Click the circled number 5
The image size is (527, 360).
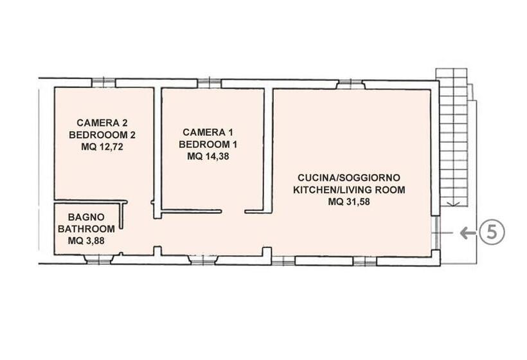(x=492, y=233)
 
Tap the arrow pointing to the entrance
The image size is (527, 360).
(x=466, y=233)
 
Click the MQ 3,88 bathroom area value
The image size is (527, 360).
(x=85, y=240)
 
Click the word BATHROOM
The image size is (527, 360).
(x=87, y=228)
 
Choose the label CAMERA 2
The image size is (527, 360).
(x=103, y=122)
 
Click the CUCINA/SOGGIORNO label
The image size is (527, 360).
(x=350, y=177)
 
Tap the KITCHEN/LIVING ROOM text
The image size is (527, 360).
(x=350, y=190)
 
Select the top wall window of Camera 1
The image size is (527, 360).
(x=209, y=82)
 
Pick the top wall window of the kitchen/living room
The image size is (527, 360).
(x=350, y=84)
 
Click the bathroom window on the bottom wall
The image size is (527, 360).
(x=98, y=259)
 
